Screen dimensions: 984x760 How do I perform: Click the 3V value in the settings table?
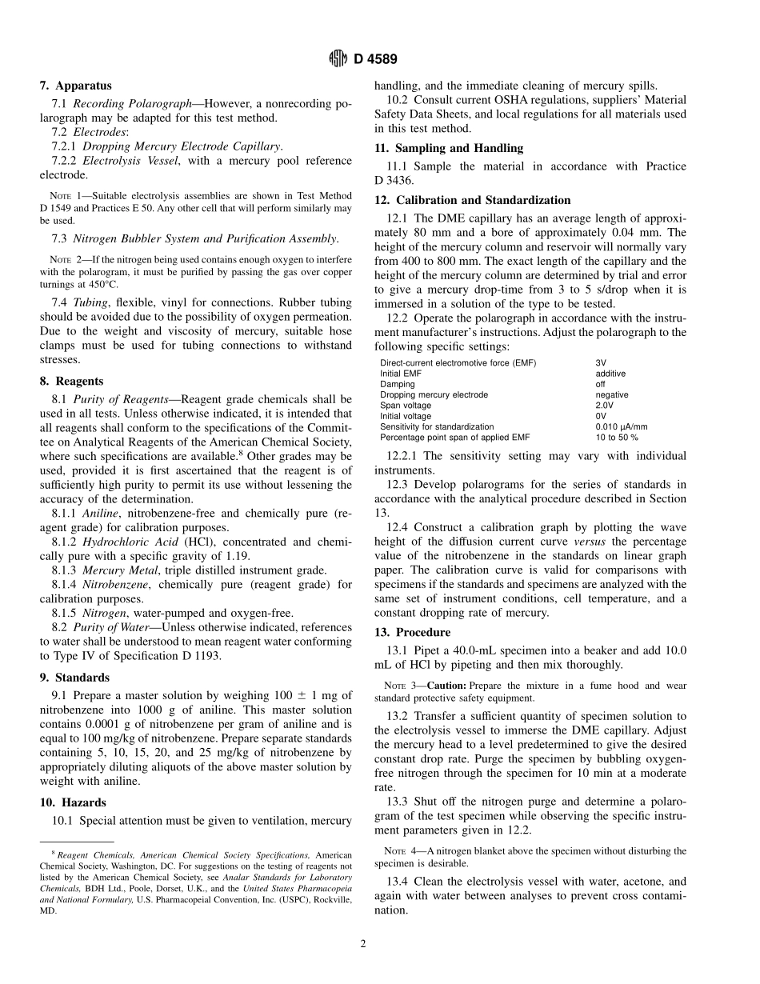[x=601, y=363]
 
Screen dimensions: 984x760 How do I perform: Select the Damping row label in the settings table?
[x=398, y=384]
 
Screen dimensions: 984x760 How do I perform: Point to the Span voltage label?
[x=406, y=406]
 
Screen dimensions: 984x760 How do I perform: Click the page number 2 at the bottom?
[x=362, y=944]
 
